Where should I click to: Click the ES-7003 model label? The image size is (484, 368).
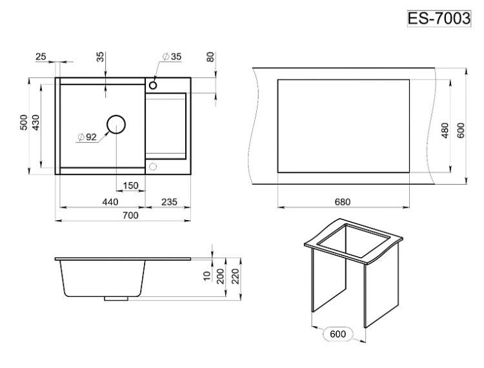point(439,19)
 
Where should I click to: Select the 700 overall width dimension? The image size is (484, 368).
point(130,215)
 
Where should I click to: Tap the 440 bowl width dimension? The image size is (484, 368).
point(110,202)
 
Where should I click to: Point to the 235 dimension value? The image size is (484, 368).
point(170,202)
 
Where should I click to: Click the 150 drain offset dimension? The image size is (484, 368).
point(130,185)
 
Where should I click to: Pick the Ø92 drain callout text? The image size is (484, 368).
point(87,137)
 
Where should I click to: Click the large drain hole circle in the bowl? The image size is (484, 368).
point(116,125)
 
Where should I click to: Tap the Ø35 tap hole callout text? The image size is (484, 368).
point(172,57)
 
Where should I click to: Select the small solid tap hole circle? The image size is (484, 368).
point(153,85)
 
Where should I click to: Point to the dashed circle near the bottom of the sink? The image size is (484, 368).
point(152,167)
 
